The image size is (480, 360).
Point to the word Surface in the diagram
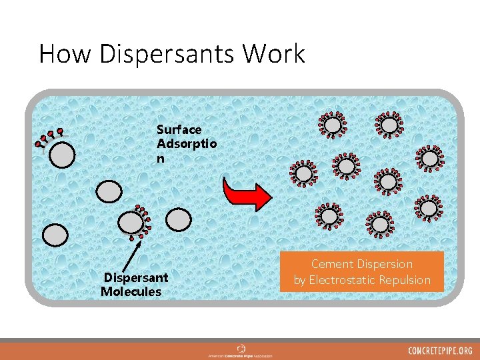(x=179, y=129)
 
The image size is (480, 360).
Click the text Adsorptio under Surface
(x=186, y=144)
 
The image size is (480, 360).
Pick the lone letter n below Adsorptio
(x=161, y=159)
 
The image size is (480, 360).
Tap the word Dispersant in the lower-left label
(x=135, y=277)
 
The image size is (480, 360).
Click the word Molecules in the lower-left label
(x=131, y=292)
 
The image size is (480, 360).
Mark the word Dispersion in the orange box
(x=388, y=264)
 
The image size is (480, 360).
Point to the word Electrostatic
(x=349, y=280)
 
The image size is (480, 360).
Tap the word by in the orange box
(x=299, y=280)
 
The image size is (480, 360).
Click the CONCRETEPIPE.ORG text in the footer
(x=440, y=351)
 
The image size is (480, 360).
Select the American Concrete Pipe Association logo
(x=240, y=351)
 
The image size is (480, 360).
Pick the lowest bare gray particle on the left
(x=55, y=234)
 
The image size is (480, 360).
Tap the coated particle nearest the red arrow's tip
(x=304, y=173)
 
